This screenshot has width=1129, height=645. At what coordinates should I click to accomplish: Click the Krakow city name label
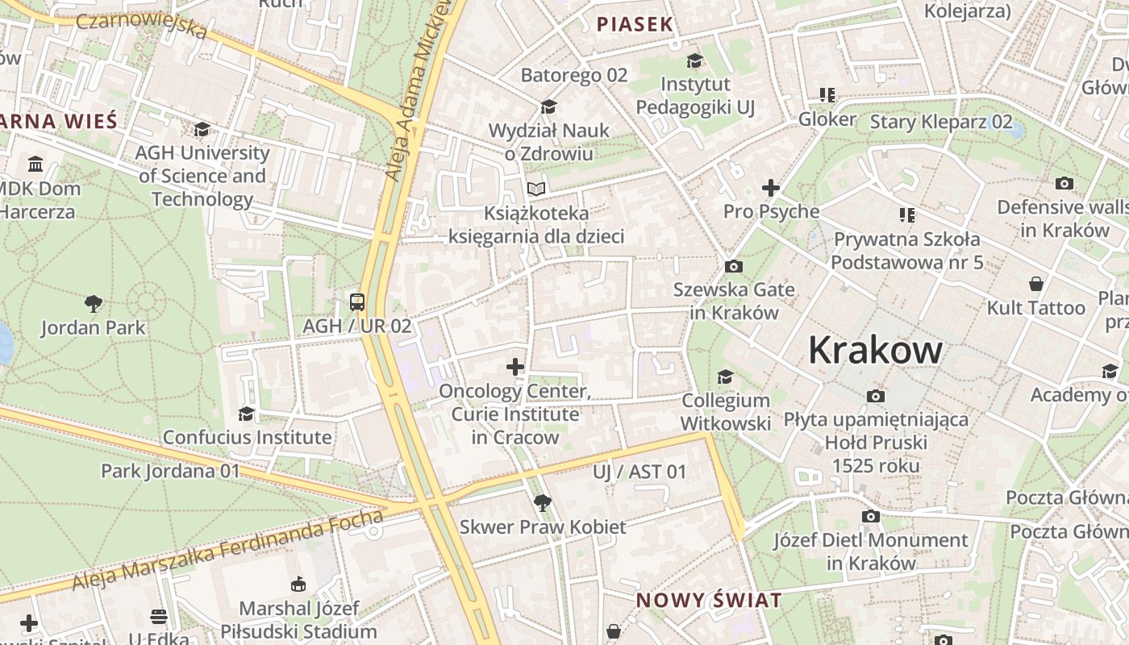point(875,351)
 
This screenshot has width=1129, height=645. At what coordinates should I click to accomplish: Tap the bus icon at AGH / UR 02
point(357,302)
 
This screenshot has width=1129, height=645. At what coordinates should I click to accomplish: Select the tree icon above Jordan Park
point(94,304)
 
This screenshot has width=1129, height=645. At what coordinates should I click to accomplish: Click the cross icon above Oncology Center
point(515,367)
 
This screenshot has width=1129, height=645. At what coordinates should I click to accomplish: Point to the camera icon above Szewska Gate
point(734,266)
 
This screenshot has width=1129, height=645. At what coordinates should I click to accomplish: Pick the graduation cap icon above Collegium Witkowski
point(726,377)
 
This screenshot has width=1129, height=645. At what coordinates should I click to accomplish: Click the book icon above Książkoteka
point(536,189)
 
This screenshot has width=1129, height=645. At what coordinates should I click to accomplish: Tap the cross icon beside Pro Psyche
point(771,188)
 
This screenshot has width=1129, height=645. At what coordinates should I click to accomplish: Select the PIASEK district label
point(635,24)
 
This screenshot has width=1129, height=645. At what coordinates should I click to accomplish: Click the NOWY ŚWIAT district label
point(709,600)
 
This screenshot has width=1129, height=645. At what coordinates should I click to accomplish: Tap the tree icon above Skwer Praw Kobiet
point(543,503)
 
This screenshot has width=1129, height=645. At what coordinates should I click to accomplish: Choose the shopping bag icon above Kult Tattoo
point(1036,284)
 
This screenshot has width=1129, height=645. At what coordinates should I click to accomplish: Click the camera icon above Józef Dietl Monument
point(871,516)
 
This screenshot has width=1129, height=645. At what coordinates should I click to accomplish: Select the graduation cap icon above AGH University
point(202,129)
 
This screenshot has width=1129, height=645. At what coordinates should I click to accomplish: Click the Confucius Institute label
point(247,437)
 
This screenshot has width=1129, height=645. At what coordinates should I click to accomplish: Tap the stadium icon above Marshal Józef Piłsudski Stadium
point(298,584)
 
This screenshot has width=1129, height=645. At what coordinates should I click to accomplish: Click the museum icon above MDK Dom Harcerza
point(35,164)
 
